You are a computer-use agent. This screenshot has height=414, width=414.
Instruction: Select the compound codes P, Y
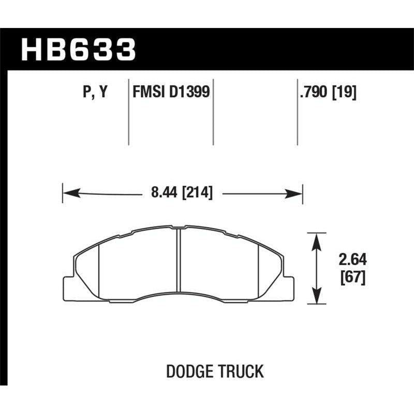tap(95, 93)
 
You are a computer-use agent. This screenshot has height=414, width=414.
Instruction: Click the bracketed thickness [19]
tap(345, 93)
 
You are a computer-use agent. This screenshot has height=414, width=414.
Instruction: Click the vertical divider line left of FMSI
tap(128, 111)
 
